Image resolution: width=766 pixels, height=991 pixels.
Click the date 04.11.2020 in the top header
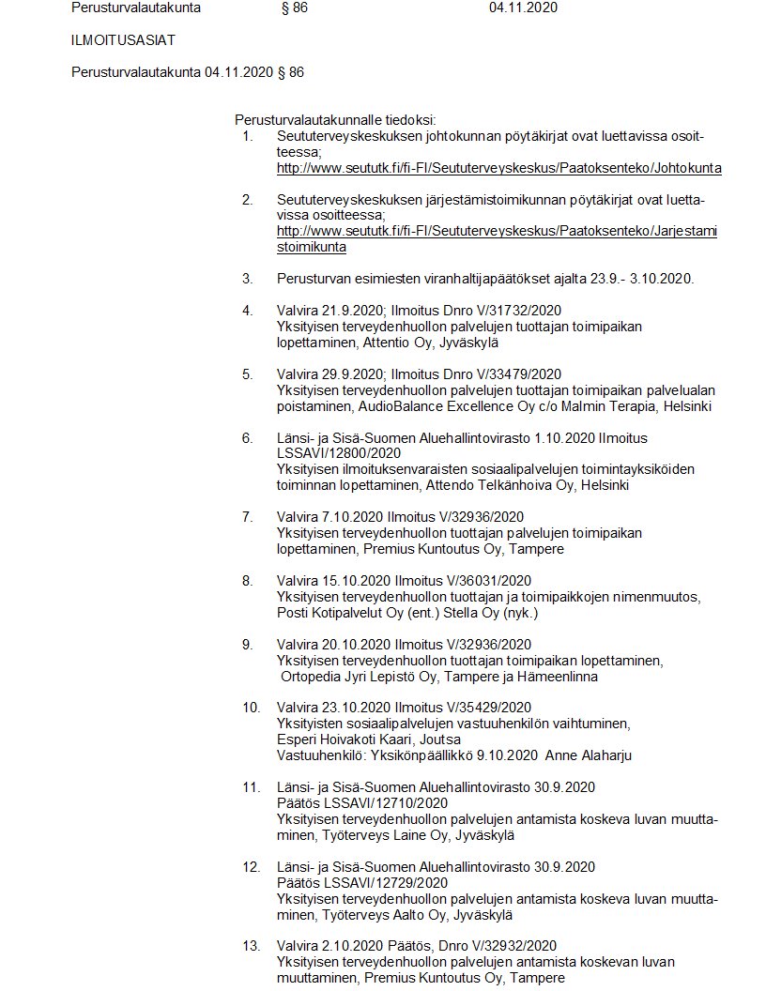pyautogui.click(x=524, y=8)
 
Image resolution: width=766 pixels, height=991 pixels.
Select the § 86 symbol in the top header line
pyautogui.click(x=294, y=8)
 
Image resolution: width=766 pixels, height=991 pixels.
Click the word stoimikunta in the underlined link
pyautogui.click(x=312, y=247)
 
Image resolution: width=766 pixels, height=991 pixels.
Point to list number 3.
pyautogui.click(x=248, y=279)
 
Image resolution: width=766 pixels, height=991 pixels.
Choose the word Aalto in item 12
pyautogui.click(x=400, y=915)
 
